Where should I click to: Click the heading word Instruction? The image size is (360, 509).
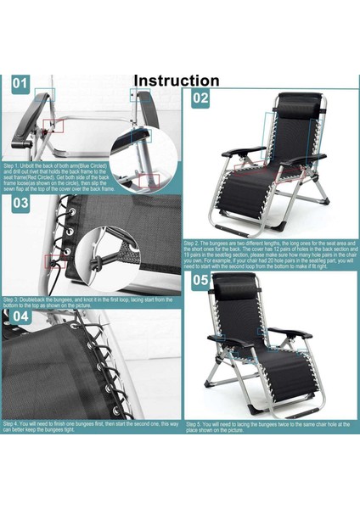pyautogui.click(x=177, y=81)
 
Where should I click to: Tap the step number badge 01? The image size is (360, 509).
pyautogui.click(x=20, y=85)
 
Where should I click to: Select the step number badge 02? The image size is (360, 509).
pyautogui.click(x=200, y=98)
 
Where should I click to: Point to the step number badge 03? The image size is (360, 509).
pyautogui.click(x=21, y=204)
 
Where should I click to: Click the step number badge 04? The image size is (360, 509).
pyautogui.click(x=21, y=317)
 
